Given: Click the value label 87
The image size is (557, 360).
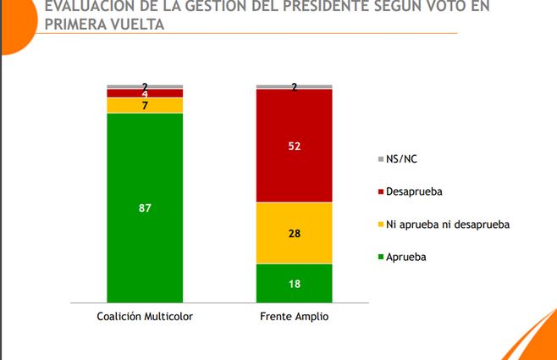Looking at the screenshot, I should tap(145, 208).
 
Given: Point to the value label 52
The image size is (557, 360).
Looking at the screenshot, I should tap(294, 146).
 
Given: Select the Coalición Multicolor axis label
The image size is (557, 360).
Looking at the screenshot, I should tap(145, 315).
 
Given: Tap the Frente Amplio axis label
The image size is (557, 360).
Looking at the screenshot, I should tap(294, 315).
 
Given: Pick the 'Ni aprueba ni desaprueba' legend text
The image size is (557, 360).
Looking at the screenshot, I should tap(447, 224).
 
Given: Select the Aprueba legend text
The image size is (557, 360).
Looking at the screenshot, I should tap(406, 256).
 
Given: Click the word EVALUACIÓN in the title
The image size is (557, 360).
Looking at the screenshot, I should tap(80, 7).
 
